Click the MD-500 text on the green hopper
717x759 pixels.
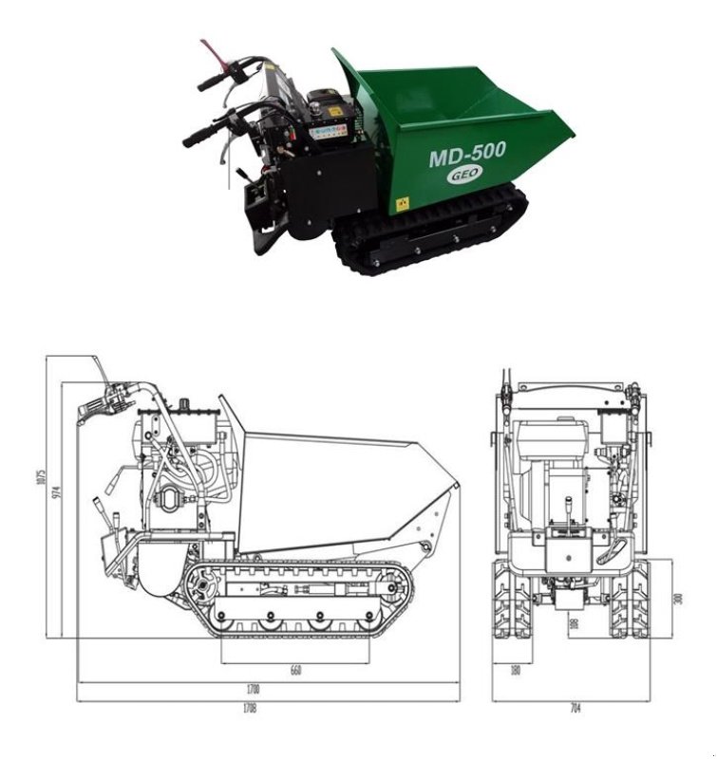[467, 154]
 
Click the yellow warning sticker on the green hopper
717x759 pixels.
[402, 203]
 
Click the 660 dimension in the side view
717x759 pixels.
[295, 671]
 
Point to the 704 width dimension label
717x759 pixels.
[575, 708]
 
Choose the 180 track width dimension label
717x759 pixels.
[514, 671]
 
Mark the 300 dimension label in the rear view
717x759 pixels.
[678, 599]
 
